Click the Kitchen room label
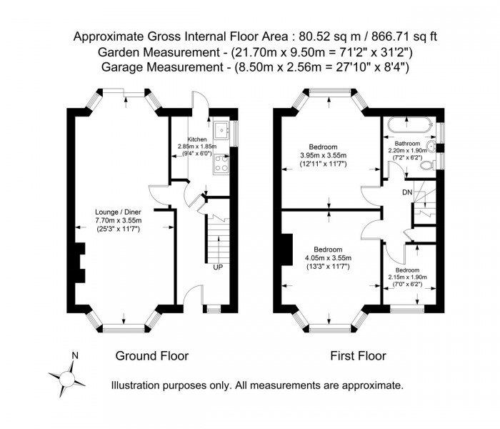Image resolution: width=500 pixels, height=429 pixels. click(x=197, y=139)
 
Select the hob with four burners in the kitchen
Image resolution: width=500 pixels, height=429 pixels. click(x=222, y=168)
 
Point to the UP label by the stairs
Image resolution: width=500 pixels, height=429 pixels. click(x=216, y=267)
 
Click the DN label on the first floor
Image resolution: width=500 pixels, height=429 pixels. click(x=407, y=192)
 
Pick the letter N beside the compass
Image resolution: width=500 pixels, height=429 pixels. click(x=75, y=355)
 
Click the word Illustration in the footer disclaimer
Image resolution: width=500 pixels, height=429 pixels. click(x=139, y=385)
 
